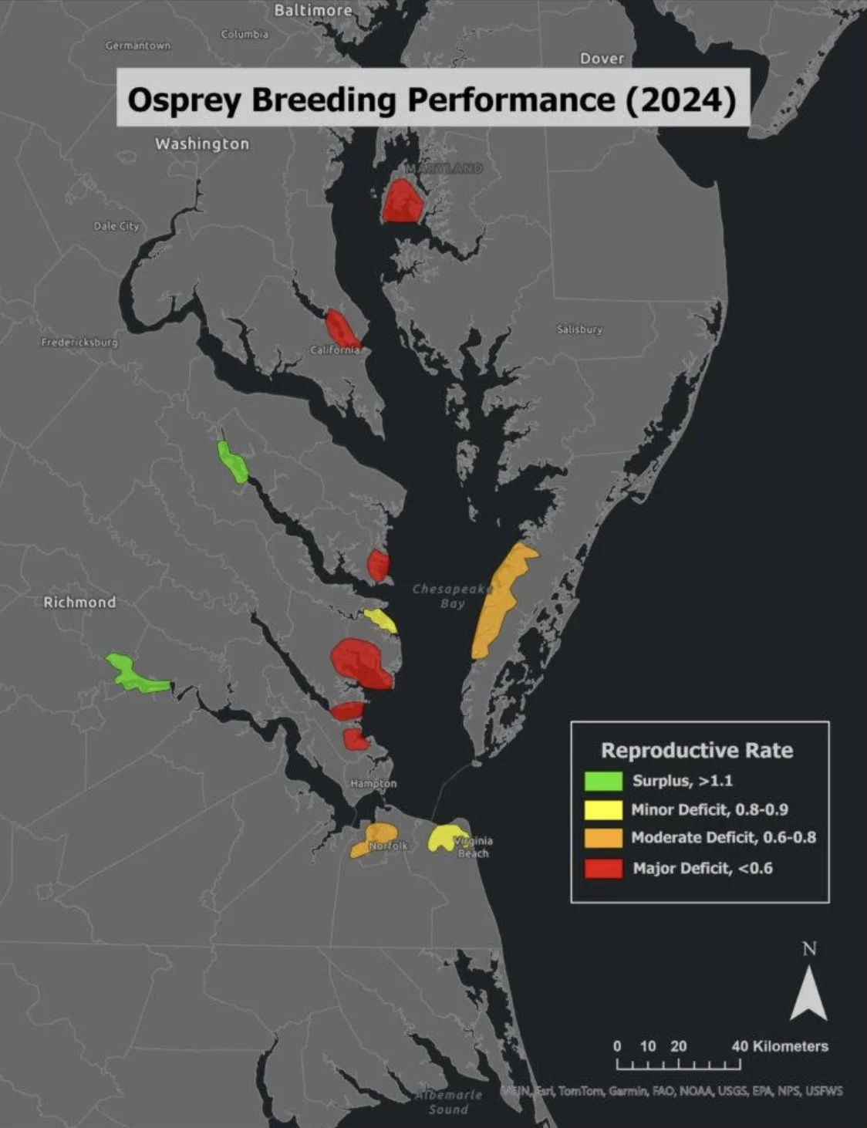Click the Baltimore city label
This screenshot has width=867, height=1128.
pos(313,10)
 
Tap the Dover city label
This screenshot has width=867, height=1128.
pos(602,59)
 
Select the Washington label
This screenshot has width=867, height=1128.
pos(202,144)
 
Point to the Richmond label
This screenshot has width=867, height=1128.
pos(79,602)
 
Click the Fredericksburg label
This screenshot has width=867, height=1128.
pos(79,342)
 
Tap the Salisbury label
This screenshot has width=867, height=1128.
pos(579,329)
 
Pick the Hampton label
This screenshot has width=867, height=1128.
pos(373,783)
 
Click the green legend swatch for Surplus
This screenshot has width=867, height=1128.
pos(603,781)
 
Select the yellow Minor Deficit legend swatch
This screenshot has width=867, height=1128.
pos(603,809)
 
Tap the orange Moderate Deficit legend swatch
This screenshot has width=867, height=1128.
pos(603,838)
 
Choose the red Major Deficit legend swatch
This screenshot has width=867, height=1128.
pos(603,868)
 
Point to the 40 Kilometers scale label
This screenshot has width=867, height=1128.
pos(779,1046)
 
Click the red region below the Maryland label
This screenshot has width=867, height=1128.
pos(403,201)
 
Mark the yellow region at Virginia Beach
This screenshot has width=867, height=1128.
pos(444,838)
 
